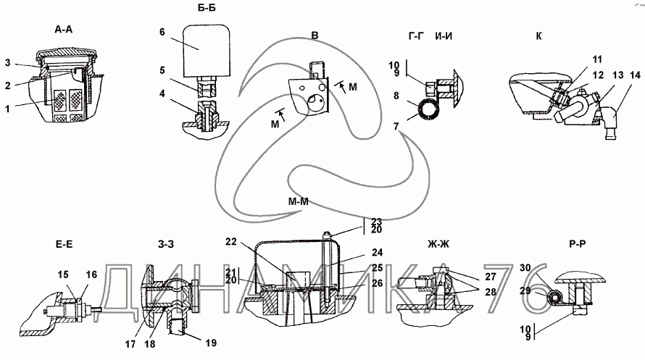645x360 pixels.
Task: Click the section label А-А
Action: tap(63, 30)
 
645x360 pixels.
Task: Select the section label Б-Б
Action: tap(207, 8)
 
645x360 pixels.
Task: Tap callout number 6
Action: tap(162, 32)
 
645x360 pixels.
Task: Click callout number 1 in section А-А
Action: tap(7, 109)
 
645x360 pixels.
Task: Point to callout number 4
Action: tap(162, 93)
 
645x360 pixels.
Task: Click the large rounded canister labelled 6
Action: tap(206, 50)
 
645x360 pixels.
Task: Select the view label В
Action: tap(315, 35)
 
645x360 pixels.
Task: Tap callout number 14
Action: tap(635, 75)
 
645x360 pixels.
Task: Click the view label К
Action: tap(539, 36)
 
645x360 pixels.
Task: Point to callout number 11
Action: tap(597, 59)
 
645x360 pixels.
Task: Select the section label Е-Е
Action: tap(64, 245)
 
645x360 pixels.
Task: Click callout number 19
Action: tap(211, 343)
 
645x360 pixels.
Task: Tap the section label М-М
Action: tap(299, 201)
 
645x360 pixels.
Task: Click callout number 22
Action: tap(231, 242)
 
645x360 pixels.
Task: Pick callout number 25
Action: tap(377, 268)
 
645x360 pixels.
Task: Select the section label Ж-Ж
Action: tap(438, 245)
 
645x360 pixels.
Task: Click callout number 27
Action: tap(491, 277)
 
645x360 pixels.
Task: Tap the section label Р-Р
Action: tap(578, 245)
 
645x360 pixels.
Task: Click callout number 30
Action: tap(525, 268)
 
